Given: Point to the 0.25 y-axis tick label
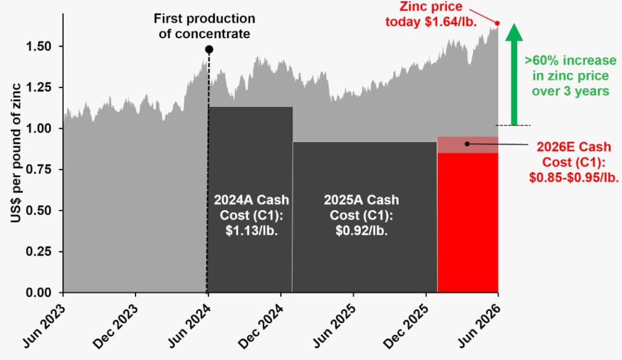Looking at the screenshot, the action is [x=38, y=251].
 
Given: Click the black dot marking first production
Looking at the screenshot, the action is [x=209, y=50].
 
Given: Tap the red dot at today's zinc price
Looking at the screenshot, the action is [x=497, y=24].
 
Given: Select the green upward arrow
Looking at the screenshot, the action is [x=514, y=74].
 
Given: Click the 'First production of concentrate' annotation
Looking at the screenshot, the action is [x=204, y=26].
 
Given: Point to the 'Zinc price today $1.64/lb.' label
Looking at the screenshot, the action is [x=431, y=14].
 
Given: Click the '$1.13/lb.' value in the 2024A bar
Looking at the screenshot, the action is [x=251, y=230].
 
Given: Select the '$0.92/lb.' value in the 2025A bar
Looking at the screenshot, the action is [x=361, y=230].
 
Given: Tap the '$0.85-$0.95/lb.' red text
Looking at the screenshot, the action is [x=573, y=177].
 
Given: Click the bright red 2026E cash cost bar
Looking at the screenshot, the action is [x=468, y=222].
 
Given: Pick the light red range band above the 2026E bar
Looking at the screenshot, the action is [x=468, y=144].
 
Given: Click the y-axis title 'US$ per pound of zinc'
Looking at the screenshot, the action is [x=16, y=153].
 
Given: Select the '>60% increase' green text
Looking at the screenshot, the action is [x=570, y=60].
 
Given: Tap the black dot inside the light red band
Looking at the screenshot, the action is [x=467, y=144].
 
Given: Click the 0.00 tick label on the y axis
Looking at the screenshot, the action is [x=38, y=293].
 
